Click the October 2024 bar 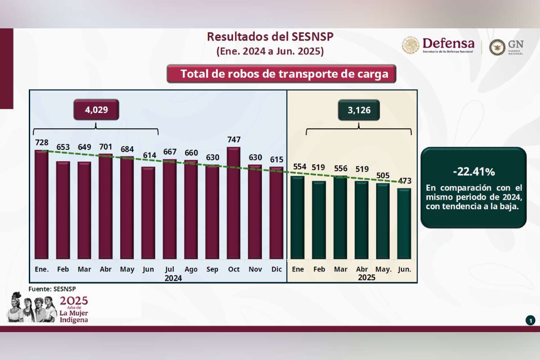pyautogui.click(x=233, y=202)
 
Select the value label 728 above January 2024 pyautogui.click(x=42, y=143)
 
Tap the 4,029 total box pyautogui.click(x=96, y=110)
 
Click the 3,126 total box pyautogui.click(x=359, y=110)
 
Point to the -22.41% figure pyautogui.click(x=473, y=172)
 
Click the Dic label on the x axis pyautogui.click(x=277, y=269)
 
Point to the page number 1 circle pyautogui.click(x=530, y=320)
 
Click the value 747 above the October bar pyautogui.click(x=234, y=140)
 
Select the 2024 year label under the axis pyautogui.click(x=173, y=278)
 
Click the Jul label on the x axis pyautogui.click(x=170, y=269)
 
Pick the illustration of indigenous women pyautogui.click(x=32, y=308)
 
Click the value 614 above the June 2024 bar pyautogui.click(x=149, y=155)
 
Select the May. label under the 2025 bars pyautogui.click(x=383, y=269)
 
